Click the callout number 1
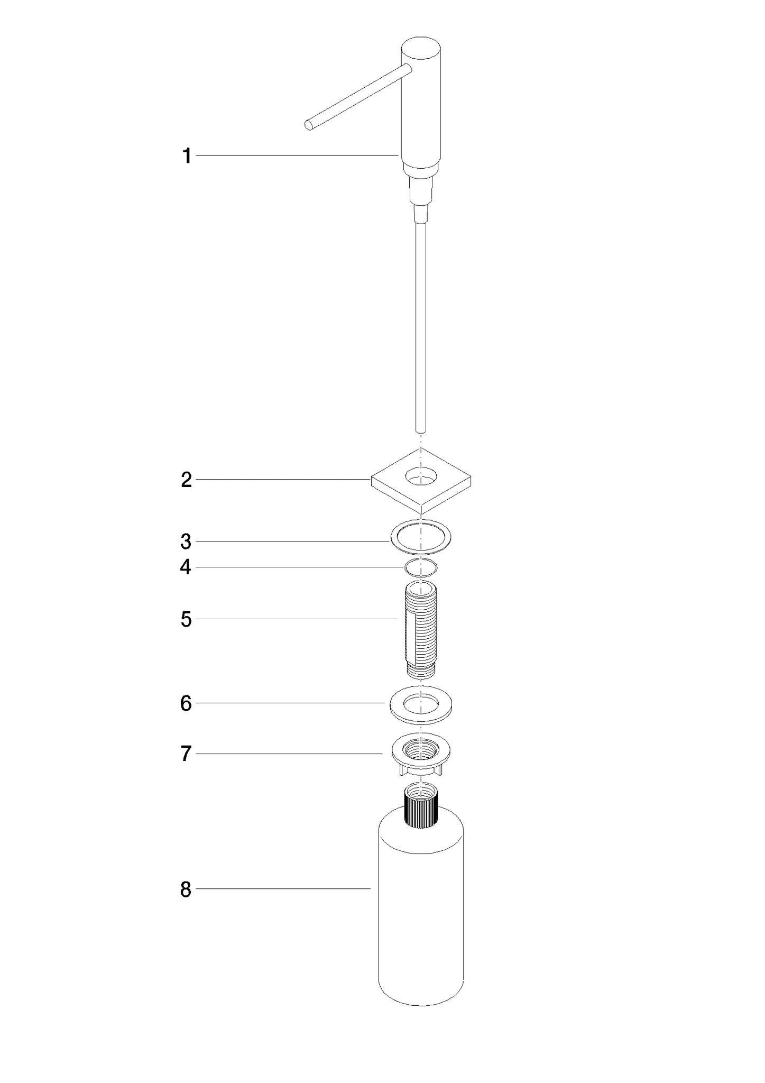click(x=186, y=156)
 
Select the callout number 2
click(x=186, y=480)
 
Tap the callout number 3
click(x=186, y=541)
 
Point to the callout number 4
click(x=186, y=567)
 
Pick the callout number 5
click(x=186, y=619)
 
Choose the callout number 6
click(x=186, y=703)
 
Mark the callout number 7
click(x=186, y=754)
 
